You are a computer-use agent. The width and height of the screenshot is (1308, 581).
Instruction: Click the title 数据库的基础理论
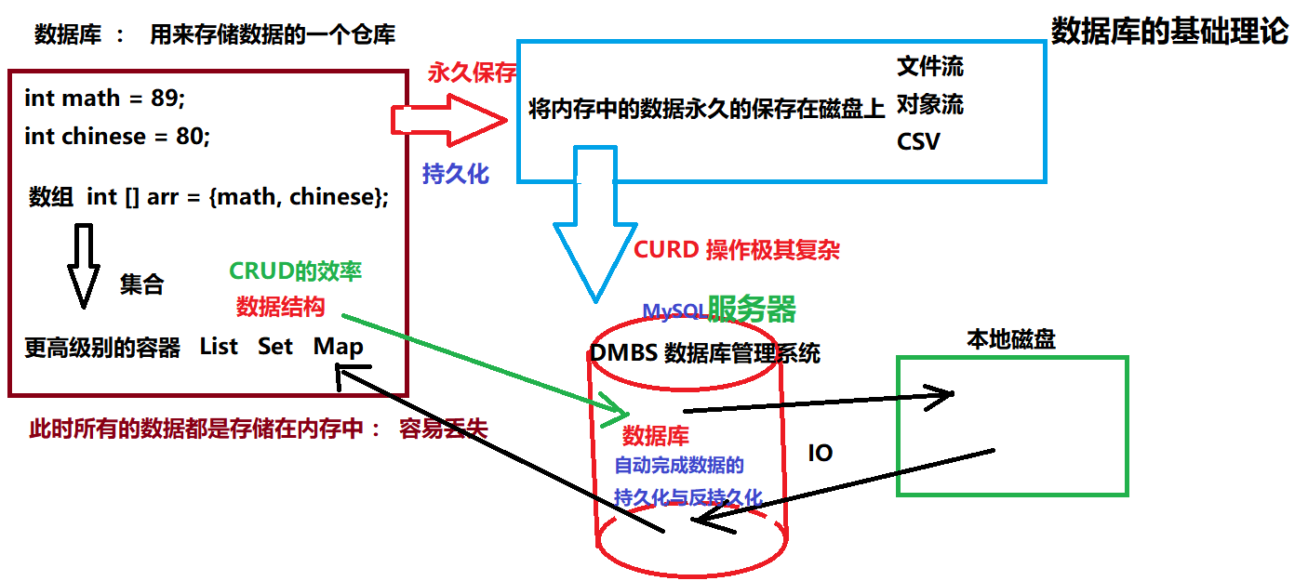coord(1169,32)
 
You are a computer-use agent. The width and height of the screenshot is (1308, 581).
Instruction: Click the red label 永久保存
coord(472,73)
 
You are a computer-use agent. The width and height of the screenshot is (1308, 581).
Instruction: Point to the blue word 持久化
coord(456,173)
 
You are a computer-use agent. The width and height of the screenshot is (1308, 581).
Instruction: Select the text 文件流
coord(930,66)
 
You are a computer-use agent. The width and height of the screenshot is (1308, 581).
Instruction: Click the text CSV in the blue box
coord(918,142)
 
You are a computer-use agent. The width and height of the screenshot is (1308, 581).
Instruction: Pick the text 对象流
coord(930,104)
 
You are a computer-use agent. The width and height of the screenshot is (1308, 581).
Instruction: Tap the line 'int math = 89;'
coord(105,99)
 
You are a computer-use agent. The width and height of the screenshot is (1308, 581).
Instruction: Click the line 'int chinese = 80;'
coord(117,137)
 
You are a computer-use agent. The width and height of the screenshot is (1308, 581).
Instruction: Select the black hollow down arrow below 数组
coord(83,265)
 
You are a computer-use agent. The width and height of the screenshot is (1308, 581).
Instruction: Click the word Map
coord(338,347)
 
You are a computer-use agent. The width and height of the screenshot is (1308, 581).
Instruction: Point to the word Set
coord(275,347)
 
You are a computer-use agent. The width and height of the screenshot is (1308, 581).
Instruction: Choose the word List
coord(219,347)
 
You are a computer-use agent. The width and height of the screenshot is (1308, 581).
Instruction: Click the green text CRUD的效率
coord(295,271)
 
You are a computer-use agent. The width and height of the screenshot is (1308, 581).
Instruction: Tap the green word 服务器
coord(752,309)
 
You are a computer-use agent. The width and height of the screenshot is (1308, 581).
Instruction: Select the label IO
coord(820,454)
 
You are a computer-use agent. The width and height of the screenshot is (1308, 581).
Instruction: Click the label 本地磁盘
coord(1011,339)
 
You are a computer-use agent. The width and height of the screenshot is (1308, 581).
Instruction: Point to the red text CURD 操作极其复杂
coord(737,250)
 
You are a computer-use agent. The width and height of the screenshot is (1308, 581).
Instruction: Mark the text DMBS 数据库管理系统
coord(705,354)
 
